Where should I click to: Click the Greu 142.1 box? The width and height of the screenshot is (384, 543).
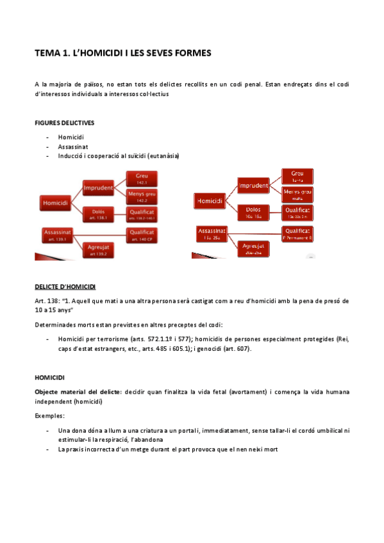coord(142,177)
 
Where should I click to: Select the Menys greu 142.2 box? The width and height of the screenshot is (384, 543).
coord(142,196)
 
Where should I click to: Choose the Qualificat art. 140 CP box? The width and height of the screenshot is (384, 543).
coord(142,235)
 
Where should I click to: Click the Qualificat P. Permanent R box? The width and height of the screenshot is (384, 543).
coord(297,233)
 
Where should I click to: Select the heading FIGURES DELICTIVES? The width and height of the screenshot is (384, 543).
coord(66,122)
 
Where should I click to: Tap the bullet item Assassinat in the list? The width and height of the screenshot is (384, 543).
coord(73,146)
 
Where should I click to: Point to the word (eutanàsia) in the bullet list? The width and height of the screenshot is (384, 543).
coord(163,156)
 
